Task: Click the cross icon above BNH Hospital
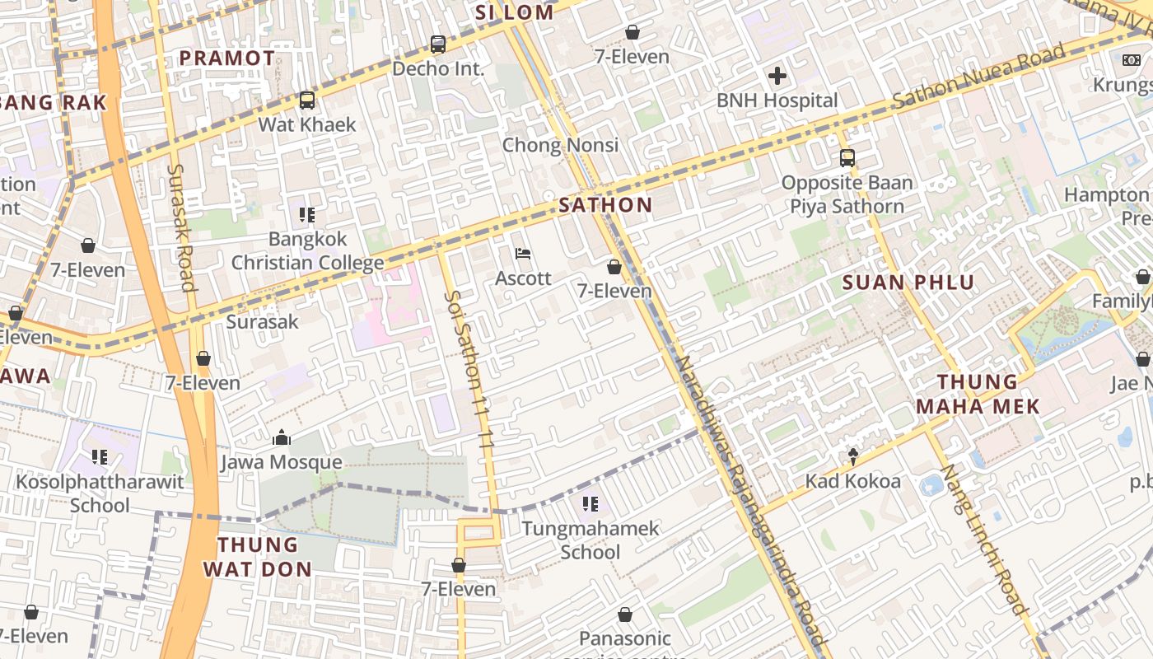tap(777, 77)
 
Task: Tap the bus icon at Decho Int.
tap(438, 44)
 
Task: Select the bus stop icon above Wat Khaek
tap(307, 100)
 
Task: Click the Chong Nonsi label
tap(560, 146)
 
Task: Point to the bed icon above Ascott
tap(523, 254)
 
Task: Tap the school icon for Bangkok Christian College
tap(307, 215)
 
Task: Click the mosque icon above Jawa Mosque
tap(282, 437)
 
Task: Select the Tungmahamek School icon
tap(590, 503)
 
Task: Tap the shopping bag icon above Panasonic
tap(625, 615)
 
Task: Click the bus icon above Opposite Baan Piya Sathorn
tap(847, 158)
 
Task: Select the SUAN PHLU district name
tap(908, 283)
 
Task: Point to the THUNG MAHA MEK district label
tap(978, 394)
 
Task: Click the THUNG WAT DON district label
tap(258, 556)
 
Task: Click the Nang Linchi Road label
tap(984, 540)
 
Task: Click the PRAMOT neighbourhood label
tap(226, 58)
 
